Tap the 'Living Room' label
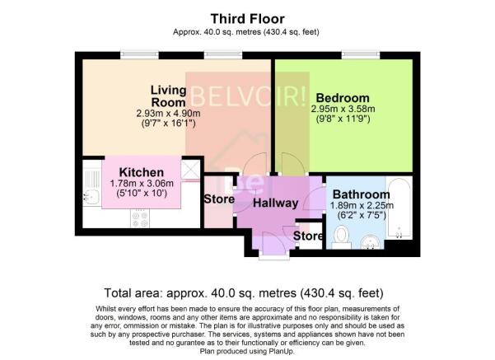[167, 95]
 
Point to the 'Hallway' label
[275, 203]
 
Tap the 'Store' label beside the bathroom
[309, 237]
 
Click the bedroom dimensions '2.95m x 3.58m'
[343, 109]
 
